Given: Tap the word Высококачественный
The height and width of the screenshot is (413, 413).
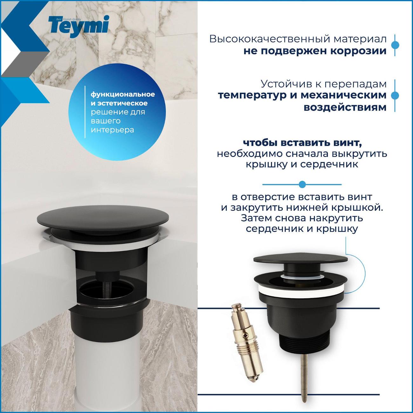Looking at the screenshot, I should click(269, 39).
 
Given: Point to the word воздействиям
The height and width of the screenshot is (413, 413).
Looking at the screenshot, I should click(345, 107).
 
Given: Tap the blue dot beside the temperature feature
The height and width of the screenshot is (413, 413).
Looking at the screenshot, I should click(395, 96).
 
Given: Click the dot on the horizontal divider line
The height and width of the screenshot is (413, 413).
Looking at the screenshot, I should click(302, 184).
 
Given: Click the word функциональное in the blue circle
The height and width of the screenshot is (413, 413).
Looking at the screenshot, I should click(123, 94).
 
